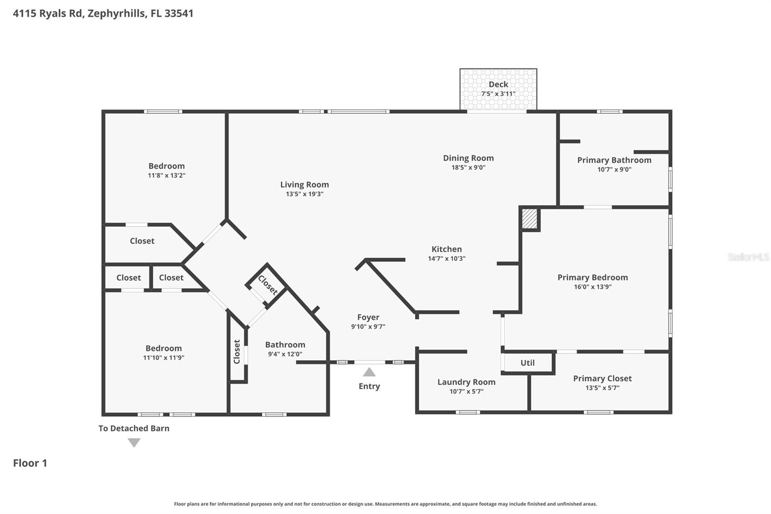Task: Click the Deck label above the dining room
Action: (x=498, y=84)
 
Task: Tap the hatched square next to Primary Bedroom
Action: (x=530, y=218)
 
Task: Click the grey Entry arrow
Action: (x=369, y=372)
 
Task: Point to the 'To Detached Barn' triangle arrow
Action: (x=134, y=442)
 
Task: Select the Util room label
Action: (x=527, y=363)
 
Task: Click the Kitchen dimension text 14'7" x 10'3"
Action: (x=446, y=258)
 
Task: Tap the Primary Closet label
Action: (x=602, y=379)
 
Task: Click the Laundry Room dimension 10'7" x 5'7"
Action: (x=466, y=392)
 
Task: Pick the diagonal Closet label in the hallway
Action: (x=267, y=285)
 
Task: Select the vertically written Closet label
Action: (x=237, y=352)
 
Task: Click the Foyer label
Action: (x=368, y=317)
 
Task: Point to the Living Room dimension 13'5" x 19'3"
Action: (x=304, y=194)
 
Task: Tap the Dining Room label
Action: (x=468, y=158)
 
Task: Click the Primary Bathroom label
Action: (x=614, y=160)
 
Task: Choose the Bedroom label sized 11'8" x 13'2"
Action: (x=166, y=166)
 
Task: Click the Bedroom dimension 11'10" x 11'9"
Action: (x=163, y=358)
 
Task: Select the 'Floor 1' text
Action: (x=30, y=463)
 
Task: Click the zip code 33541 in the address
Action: (x=179, y=13)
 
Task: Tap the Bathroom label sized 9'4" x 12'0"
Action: (x=285, y=345)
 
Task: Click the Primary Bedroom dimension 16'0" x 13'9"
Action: (x=592, y=287)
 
